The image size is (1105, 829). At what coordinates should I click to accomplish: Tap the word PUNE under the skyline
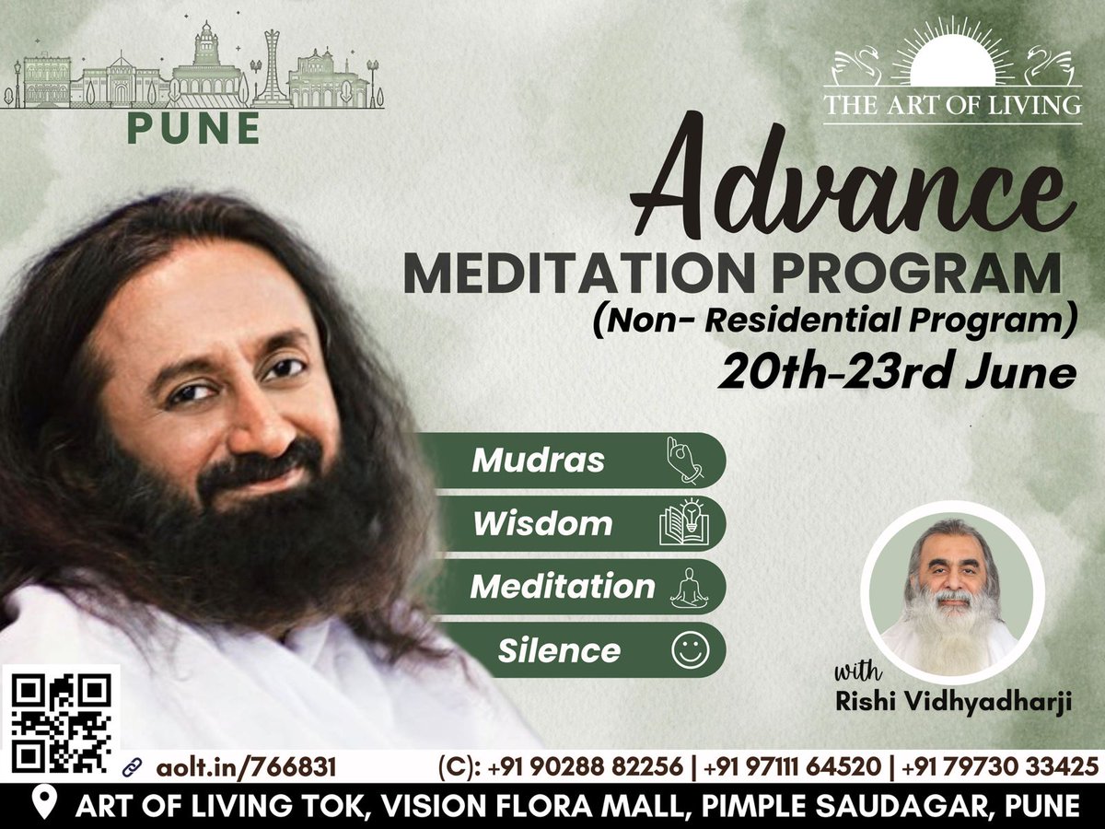pos(193,129)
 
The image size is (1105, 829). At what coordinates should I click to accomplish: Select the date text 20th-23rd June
pos(899,373)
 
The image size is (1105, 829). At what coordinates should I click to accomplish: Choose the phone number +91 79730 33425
pos(1000,766)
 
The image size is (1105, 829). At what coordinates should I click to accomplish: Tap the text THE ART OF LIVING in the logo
pos(952,104)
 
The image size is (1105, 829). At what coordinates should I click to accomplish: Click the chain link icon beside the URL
pos(132,766)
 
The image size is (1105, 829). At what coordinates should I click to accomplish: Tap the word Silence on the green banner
pos(559,651)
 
